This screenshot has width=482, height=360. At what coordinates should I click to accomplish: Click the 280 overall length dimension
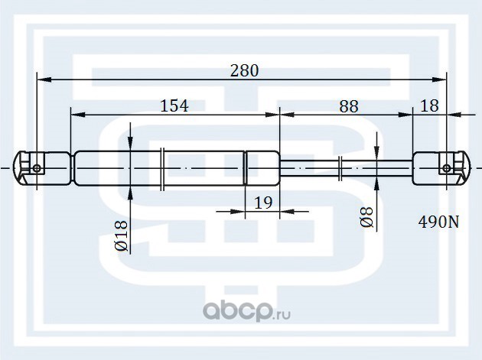point(244,70)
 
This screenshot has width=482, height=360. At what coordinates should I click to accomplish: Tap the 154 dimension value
point(174,105)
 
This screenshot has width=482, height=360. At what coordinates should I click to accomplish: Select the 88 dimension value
point(348,105)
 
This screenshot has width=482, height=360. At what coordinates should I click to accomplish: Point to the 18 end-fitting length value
point(430,105)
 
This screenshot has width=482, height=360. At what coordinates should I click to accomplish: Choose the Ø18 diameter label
point(120,237)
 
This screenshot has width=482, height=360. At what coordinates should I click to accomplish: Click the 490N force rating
point(438,223)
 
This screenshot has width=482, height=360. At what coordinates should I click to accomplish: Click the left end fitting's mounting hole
point(37,168)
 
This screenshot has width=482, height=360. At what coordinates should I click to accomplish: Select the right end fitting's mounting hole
point(447,168)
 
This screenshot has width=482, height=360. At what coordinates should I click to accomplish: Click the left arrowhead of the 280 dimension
point(43,79)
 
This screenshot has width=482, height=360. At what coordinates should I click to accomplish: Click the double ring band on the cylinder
point(163,168)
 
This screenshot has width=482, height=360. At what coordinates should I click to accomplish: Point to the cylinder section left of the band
point(115,168)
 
